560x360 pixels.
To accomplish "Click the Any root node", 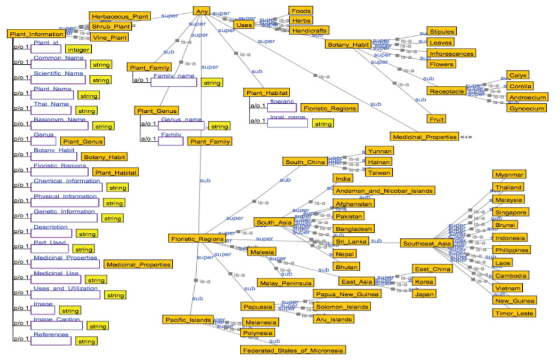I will point(201,10).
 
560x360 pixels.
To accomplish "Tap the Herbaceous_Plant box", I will point(119,16).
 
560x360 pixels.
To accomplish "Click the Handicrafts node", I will point(309,30).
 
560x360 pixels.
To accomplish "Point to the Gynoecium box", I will point(526,109).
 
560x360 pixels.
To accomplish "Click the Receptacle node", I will point(446,91).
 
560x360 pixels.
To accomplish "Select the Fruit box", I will point(436,119).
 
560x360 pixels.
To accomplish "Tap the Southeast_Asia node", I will point(426,244).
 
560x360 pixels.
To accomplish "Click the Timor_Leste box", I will point(514,313).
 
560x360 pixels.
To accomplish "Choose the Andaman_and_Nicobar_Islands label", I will point(384,191).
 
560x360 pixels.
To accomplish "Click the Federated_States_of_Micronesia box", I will point(293,349).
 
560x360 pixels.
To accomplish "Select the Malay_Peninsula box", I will point(285,283).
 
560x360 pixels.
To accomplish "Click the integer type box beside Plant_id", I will point(79,50).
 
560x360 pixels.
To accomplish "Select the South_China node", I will point(305,162).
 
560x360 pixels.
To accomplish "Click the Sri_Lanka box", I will point(351,241).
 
